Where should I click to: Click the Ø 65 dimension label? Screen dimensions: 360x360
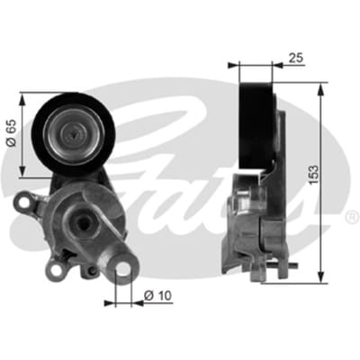(12, 133)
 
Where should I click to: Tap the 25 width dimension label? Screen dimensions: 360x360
(296, 58)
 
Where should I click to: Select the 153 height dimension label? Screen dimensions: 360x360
(314, 175)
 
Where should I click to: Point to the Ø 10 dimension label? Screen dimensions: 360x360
(158, 296)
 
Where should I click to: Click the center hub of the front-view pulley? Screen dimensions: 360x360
(74, 133)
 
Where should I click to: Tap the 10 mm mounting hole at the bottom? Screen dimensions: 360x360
(123, 268)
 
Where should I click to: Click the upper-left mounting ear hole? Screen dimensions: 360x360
(24, 202)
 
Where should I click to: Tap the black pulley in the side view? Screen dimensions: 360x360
(257, 125)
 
